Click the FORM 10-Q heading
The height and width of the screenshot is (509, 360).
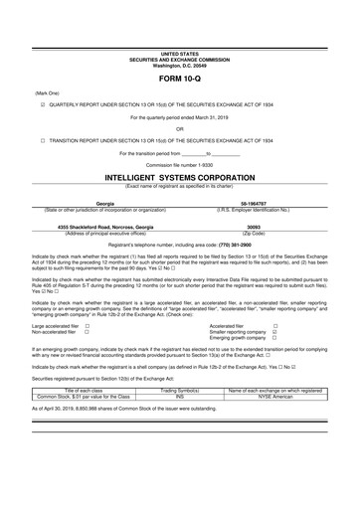(x=179, y=75)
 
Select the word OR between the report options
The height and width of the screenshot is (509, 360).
(x=179, y=127)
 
